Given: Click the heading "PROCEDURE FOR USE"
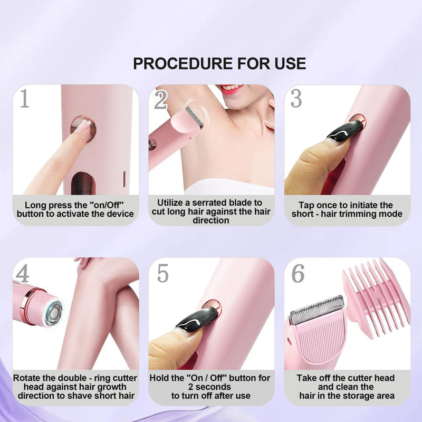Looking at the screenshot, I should pyautogui.click(x=219, y=64).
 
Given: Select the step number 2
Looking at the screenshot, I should pyautogui.click(x=161, y=99).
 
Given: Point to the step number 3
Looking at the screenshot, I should pyautogui.click(x=296, y=99).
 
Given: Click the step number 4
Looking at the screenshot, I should pyautogui.click(x=23, y=274).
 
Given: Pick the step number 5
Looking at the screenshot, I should pyautogui.click(x=162, y=274).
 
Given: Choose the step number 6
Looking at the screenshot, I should pyautogui.click(x=298, y=274).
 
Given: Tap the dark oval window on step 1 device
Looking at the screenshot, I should pyautogui.click(x=83, y=183).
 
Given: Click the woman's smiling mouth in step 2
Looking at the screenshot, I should pyautogui.click(x=231, y=89).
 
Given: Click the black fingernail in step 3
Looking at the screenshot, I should pyautogui.click(x=346, y=130).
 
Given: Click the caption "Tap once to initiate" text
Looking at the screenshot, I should pyautogui.click(x=346, y=205).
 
